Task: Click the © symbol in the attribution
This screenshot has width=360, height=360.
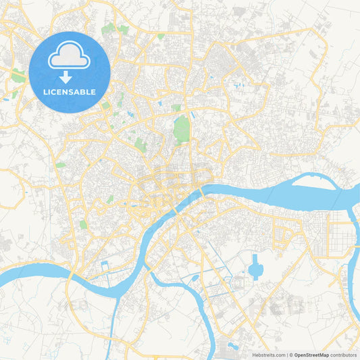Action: coord(291,354)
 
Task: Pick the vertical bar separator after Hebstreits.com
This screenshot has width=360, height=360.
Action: coord(286,354)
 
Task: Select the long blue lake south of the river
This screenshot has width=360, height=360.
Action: coord(255,269)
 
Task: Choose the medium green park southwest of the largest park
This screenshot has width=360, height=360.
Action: coord(140,144)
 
